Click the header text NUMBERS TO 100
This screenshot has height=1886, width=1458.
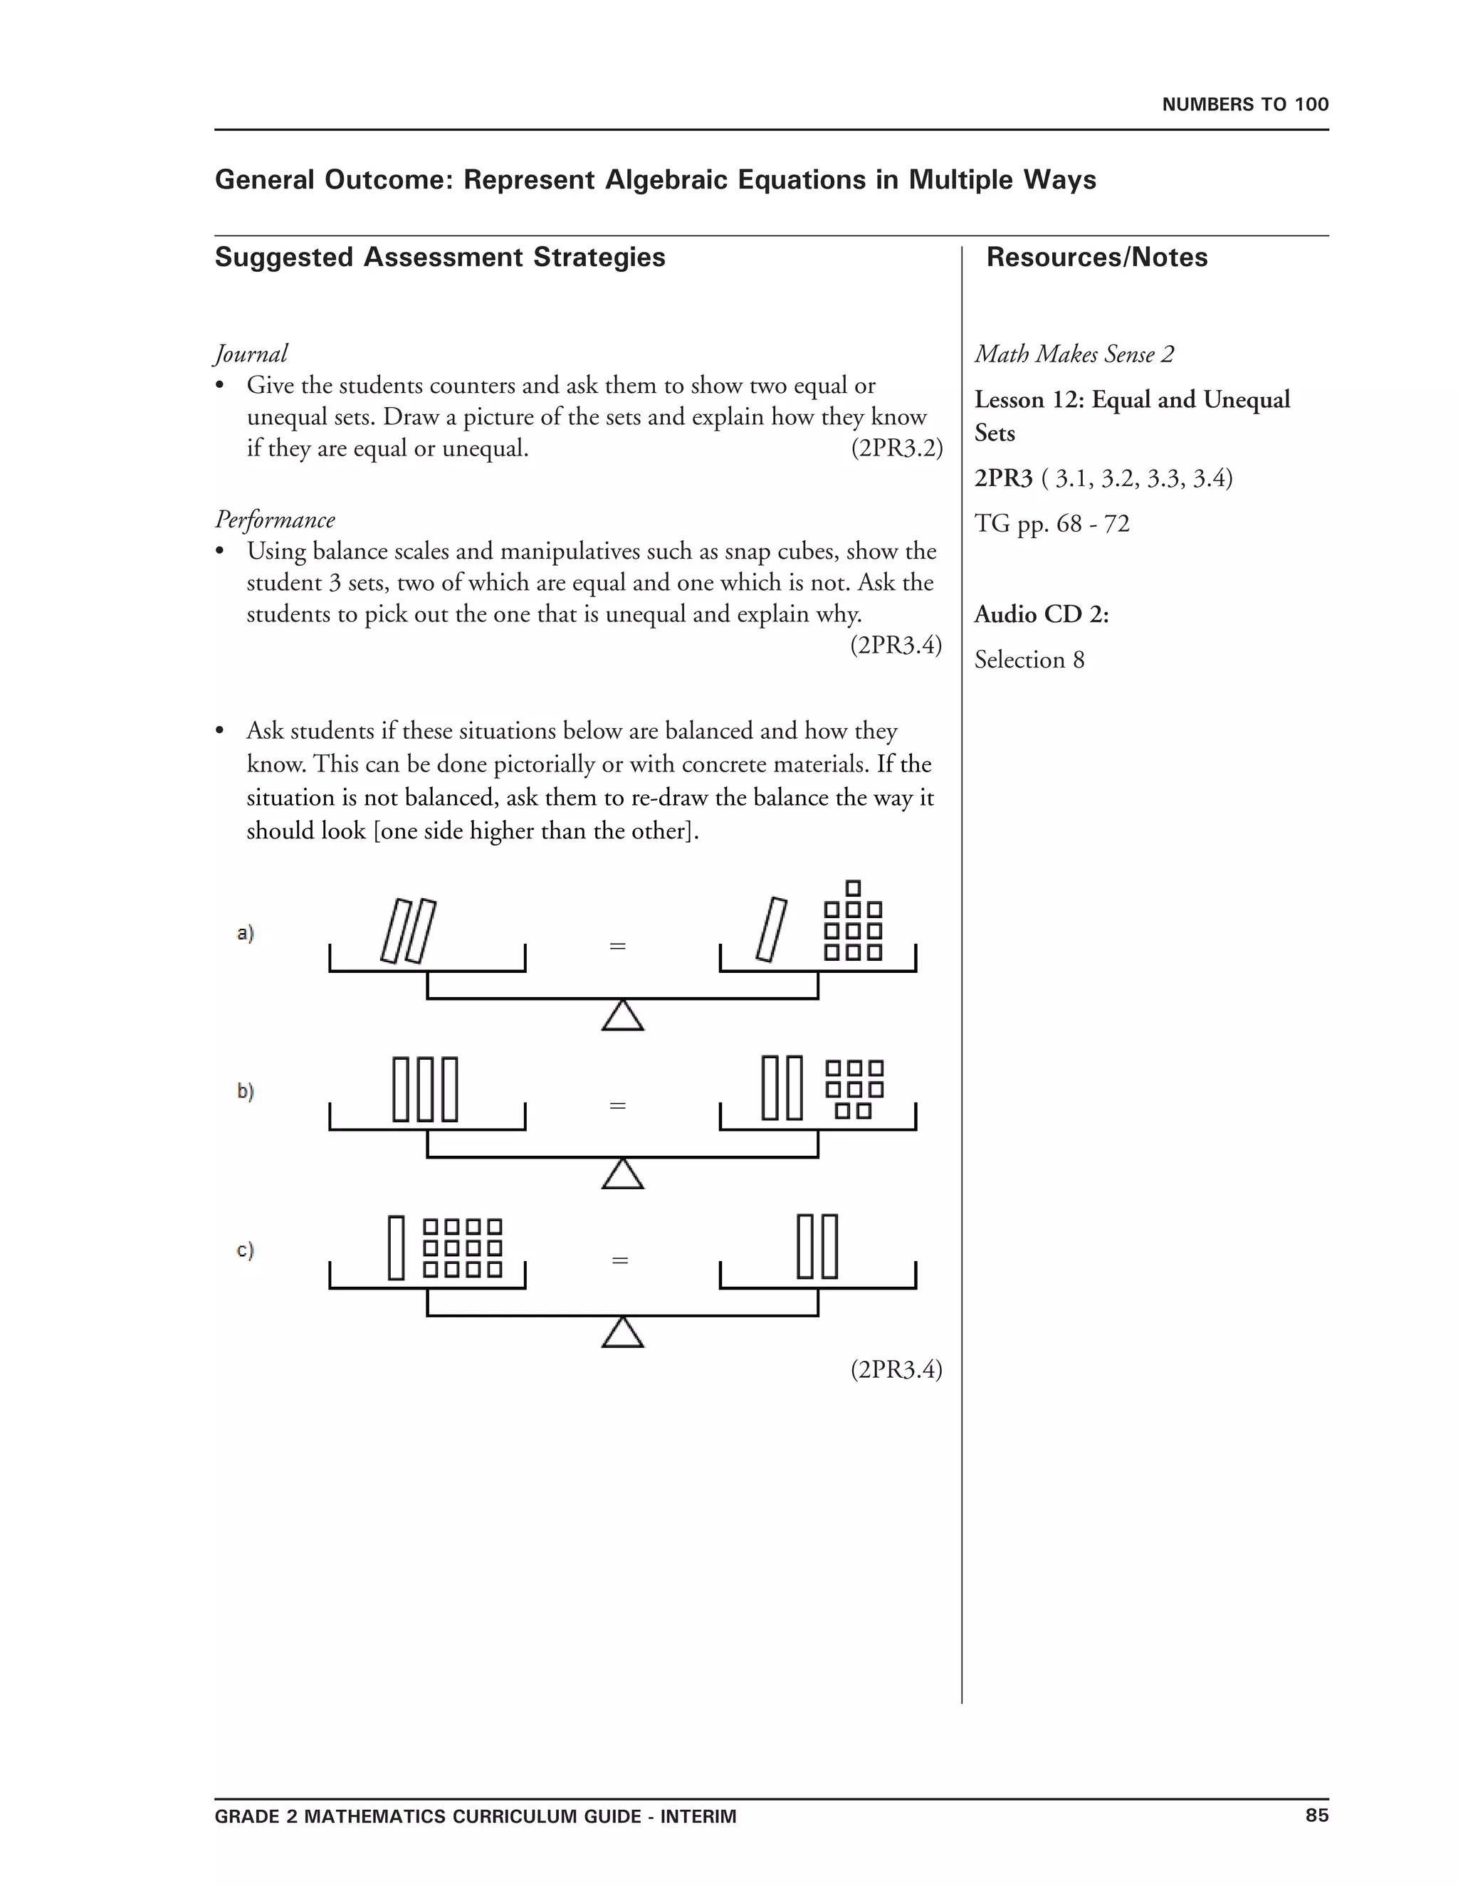(x=1244, y=105)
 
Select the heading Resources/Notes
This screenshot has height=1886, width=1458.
(x=1096, y=258)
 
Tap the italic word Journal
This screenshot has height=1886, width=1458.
(x=251, y=353)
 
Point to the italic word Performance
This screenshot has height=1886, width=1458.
(x=275, y=519)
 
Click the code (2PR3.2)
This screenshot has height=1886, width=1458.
(x=896, y=448)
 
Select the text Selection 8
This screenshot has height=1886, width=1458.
(x=1029, y=660)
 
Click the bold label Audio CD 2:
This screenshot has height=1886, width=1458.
(x=1041, y=614)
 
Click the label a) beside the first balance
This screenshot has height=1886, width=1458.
(x=246, y=932)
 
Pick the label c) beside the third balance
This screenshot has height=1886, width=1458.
(x=246, y=1250)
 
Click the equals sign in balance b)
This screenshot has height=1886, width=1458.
(x=617, y=1105)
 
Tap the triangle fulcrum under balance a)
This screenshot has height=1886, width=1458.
(x=623, y=1016)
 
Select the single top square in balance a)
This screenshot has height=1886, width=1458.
(x=854, y=887)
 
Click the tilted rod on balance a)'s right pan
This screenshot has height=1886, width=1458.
(x=771, y=930)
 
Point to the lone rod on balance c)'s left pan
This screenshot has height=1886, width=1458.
(x=397, y=1248)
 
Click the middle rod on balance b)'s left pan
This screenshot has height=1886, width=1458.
(x=425, y=1089)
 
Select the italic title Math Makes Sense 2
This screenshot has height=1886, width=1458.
(x=1074, y=354)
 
